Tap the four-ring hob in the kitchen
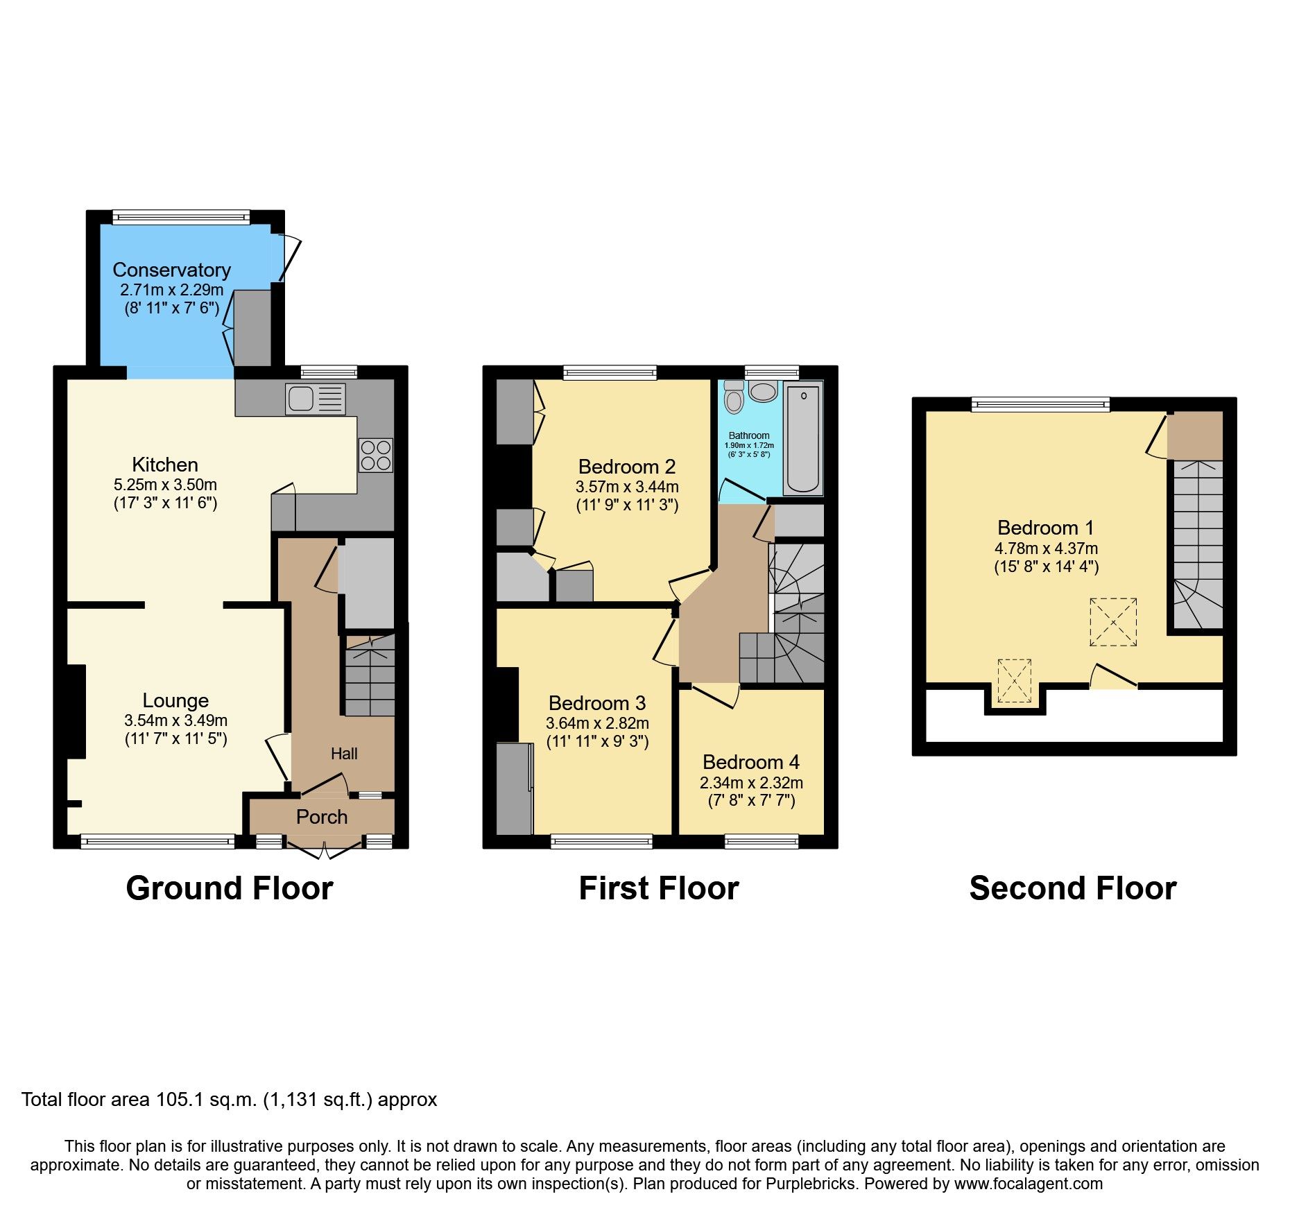coord(375,456)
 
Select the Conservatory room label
coord(171,270)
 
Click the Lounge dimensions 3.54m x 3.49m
coord(175,720)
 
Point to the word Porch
coord(321,817)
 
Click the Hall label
coord(344,754)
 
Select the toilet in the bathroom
coord(733,397)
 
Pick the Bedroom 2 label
coord(626,467)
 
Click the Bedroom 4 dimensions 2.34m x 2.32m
coord(751,783)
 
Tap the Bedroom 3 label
coord(596,703)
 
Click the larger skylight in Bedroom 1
coord(1112,622)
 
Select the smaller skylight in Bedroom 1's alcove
coord(1014,681)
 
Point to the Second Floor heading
coord(1072,888)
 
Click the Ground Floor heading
coord(230,888)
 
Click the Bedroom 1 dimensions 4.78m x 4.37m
coord(1046,548)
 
